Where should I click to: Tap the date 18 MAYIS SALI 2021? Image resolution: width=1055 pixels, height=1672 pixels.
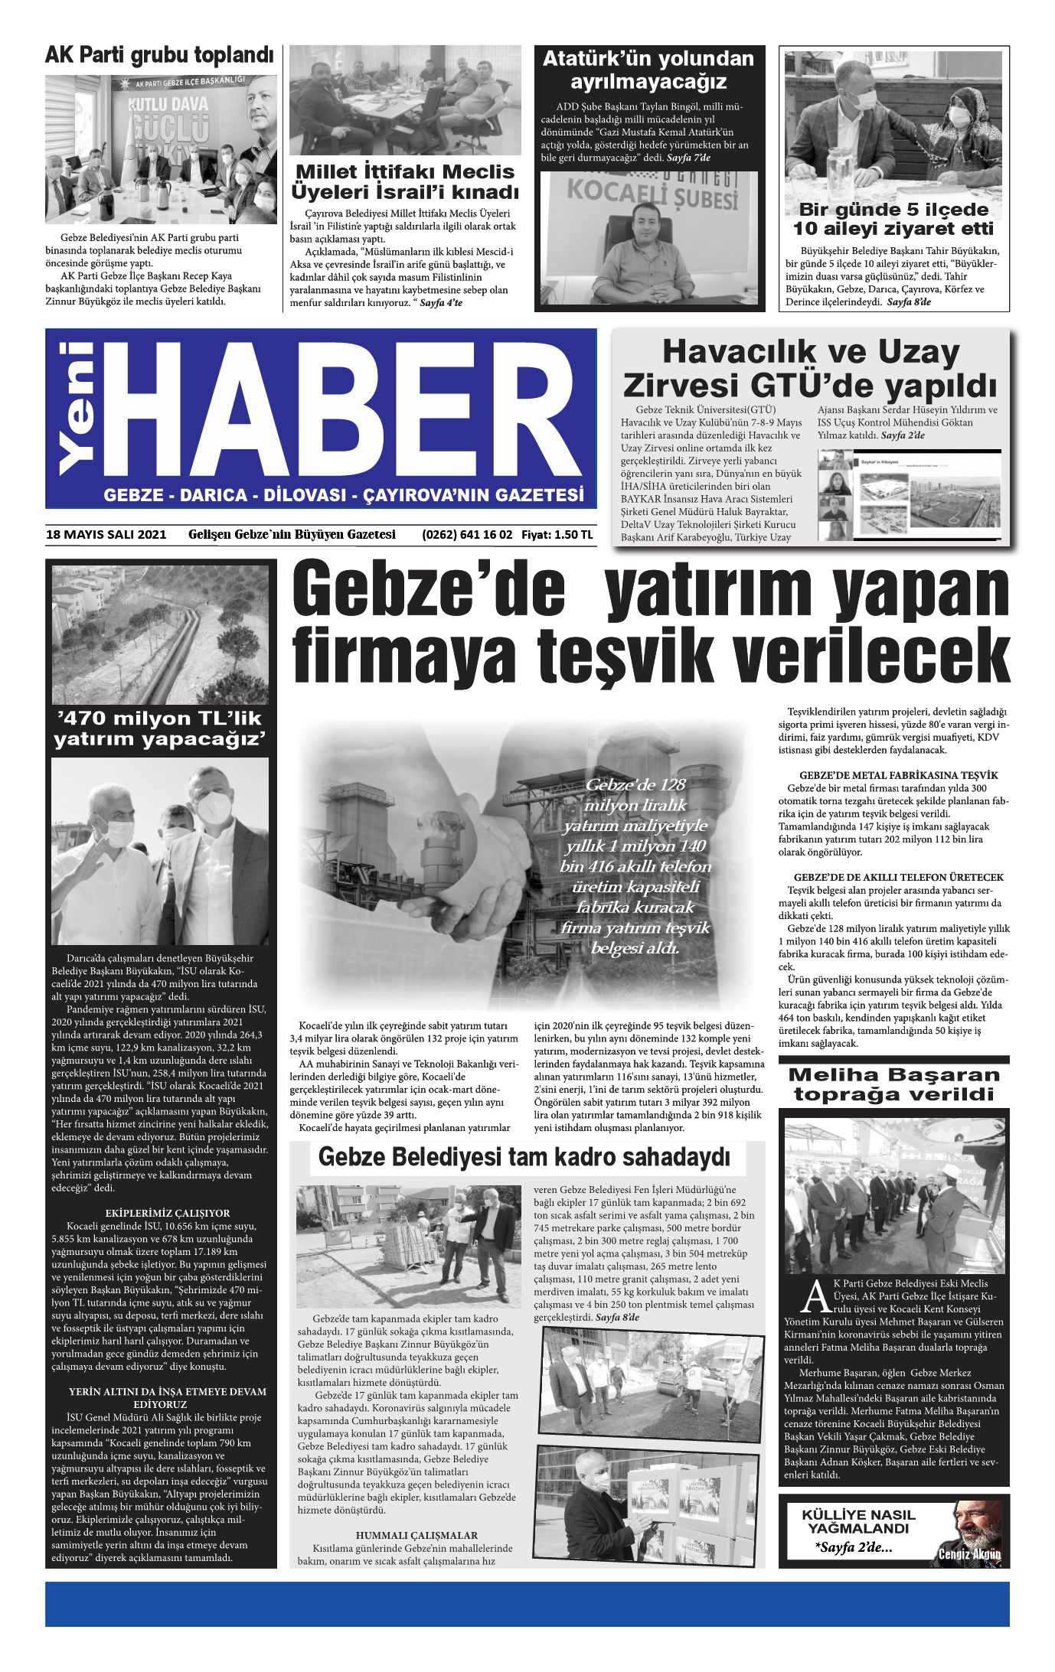click(x=106, y=535)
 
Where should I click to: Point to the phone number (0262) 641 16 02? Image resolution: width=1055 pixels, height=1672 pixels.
click(x=467, y=535)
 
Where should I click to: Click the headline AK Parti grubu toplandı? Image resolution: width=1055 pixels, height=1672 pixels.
click(x=159, y=56)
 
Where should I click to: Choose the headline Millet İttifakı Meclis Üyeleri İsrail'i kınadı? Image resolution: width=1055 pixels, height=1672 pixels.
click(x=406, y=181)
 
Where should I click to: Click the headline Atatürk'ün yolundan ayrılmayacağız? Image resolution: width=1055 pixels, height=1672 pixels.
click(x=648, y=70)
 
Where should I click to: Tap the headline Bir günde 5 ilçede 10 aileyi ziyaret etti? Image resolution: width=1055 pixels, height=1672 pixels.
click(x=893, y=219)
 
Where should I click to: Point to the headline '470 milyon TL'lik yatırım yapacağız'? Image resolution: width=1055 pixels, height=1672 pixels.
click(x=159, y=728)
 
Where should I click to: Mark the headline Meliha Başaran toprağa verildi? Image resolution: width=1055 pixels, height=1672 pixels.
click(x=893, y=1084)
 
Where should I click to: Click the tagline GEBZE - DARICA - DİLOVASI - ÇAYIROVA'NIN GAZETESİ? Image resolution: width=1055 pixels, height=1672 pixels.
click(x=344, y=495)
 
